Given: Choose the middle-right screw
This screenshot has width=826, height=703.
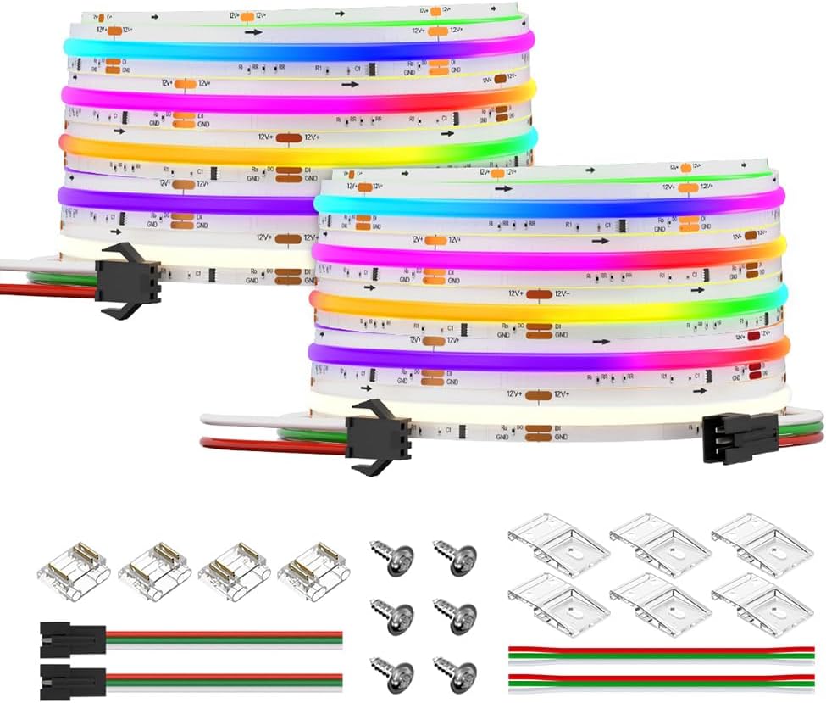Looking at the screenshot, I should [x=454, y=613].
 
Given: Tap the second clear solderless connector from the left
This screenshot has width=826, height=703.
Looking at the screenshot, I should [x=154, y=572].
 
